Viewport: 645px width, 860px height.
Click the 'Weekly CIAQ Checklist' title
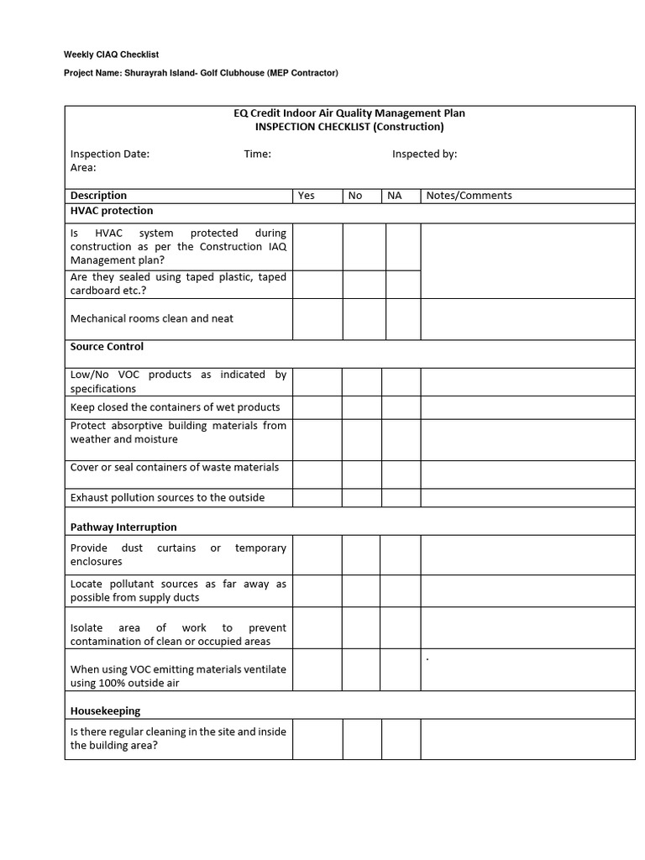click(x=112, y=55)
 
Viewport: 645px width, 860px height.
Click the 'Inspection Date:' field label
click(x=110, y=154)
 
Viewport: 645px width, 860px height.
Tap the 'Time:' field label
click(x=257, y=154)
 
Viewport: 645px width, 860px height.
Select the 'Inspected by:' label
click(x=424, y=154)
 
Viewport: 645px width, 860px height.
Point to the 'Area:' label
click(x=83, y=168)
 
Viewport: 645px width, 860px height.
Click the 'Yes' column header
click(x=307, y=196)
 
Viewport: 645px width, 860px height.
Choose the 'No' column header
click(x=355, y=196)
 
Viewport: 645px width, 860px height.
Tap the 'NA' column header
click(x=394, y=196)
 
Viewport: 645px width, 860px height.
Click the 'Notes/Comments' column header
click(x=469, y=196)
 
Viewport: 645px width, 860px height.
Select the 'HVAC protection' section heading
click(x=112, y=211)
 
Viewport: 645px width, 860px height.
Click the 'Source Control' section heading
click(x=107, y=347)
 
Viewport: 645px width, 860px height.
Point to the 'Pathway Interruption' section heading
click(x=123, y=527)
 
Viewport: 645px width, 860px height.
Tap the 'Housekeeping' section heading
click(x=105, y=711)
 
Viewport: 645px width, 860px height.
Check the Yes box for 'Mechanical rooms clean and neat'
click(x=317, y=319)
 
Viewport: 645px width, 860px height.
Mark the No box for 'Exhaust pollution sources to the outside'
click(x=361, y=497)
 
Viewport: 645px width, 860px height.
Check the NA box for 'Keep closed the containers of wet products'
click(x=401, y=407)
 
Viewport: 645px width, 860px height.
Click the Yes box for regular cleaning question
click(x=317, y=738)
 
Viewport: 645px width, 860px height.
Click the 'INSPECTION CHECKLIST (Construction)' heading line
click(x=349, y=127)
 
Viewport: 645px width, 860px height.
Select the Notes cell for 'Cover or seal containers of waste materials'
click(x=527, y=474)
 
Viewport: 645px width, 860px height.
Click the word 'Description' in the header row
click(x=98, y=196)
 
